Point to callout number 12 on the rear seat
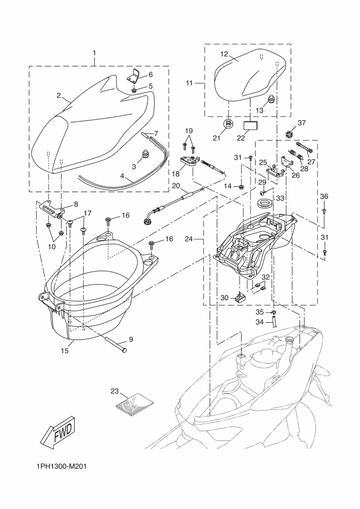(x=223, y=54)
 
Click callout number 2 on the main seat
(x=58, y=95)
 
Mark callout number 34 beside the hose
(x=260, y=321)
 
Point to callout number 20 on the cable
(x=176, y=186)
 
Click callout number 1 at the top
(x=94, y=53)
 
